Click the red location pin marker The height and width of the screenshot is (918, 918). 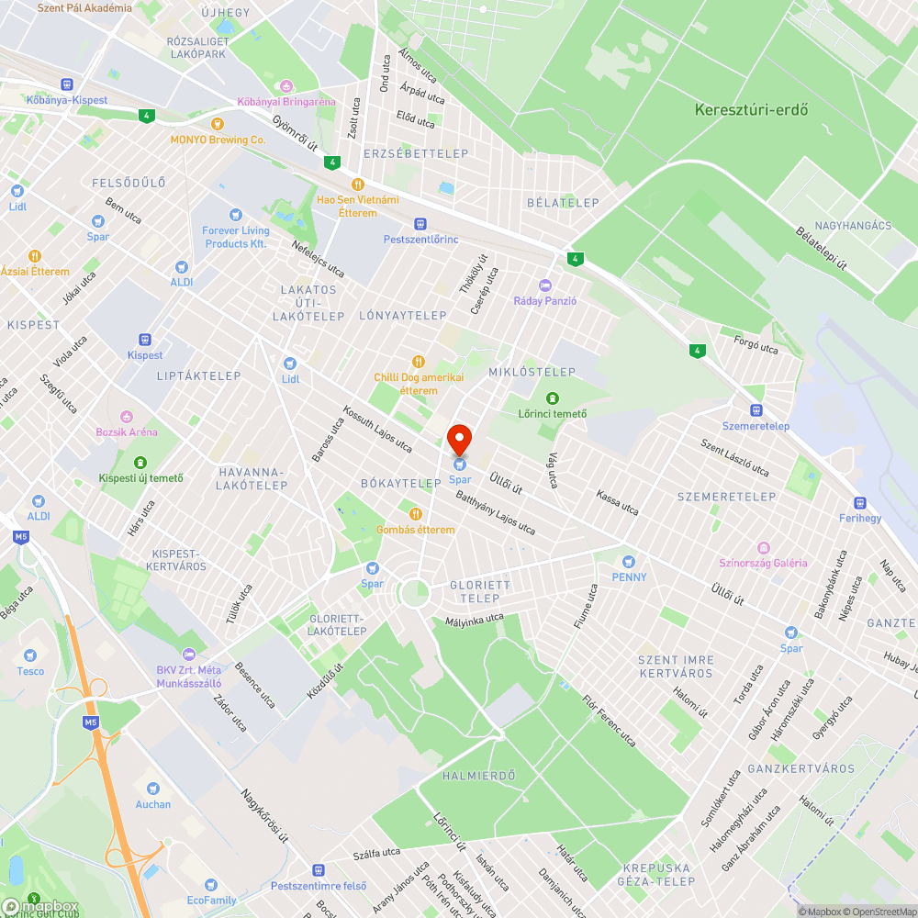pyautogui.click(x=459, y=440)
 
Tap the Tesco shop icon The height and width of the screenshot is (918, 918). pyautogui.click(x=30, y=655)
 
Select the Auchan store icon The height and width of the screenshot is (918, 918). pyautogui.click(x=152, y=789)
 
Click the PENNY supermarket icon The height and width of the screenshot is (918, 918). pyautogui.click(x=629, y=561)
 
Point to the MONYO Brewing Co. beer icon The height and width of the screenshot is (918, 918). pyautogui.click(x=218, y=124)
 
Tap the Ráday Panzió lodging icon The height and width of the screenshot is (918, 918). pyautogui.click(x=545, y=285)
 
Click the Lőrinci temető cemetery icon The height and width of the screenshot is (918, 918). pyautogui.click(x=552, y=397)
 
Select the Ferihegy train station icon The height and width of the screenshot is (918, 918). pyautogui.click(x=860, y=502)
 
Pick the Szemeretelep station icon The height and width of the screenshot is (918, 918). pyautogui.click(x=756, y=410)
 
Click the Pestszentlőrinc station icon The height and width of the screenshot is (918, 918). pyautogui.click(x=420, y=224)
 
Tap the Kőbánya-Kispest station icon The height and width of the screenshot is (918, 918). pyautogui.click(x=66, y=84)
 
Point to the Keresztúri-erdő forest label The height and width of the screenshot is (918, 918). pyautogui.click(x=751, y=110)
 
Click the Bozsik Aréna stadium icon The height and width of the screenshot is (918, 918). pyautogui.click(x=127, y=416)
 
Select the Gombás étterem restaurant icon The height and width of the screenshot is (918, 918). pyautogui.click(x=416, y=514)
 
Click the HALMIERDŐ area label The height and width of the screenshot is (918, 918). pyautogui.click(x=478, y=776)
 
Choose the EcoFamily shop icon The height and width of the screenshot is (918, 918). pyautogui.click(x=211, y=884)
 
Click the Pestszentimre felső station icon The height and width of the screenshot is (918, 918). pyautogui.click(x=319, y=869)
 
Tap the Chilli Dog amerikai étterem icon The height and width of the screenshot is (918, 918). pyautogui.click(x=419, y=362)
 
